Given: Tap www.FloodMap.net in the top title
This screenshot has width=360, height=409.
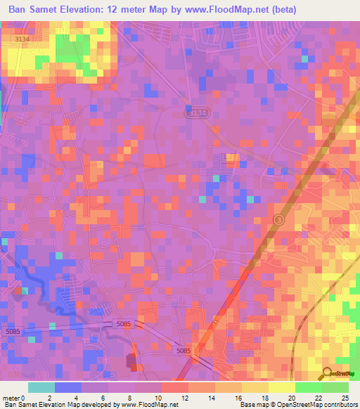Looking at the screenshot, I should (226, 9).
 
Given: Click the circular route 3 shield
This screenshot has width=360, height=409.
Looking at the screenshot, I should (279, 220).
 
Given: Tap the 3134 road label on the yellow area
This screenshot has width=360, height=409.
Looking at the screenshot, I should (22, 40).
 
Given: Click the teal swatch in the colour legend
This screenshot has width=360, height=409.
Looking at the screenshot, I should (41, 387).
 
